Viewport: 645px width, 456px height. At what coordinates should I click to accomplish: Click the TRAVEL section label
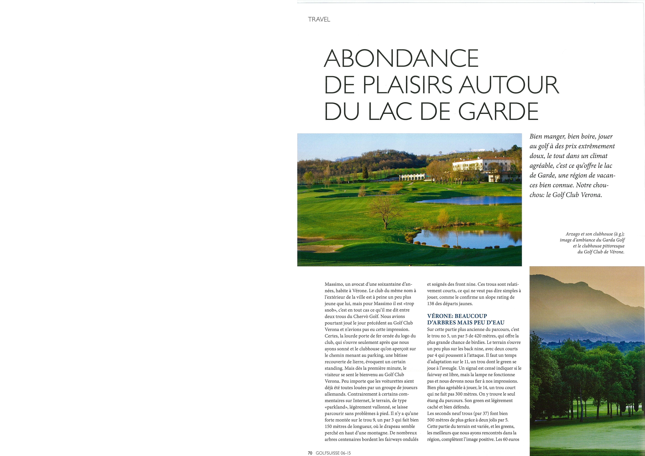point(319,19)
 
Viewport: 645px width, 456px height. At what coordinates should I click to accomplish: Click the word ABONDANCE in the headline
point(401,58)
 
